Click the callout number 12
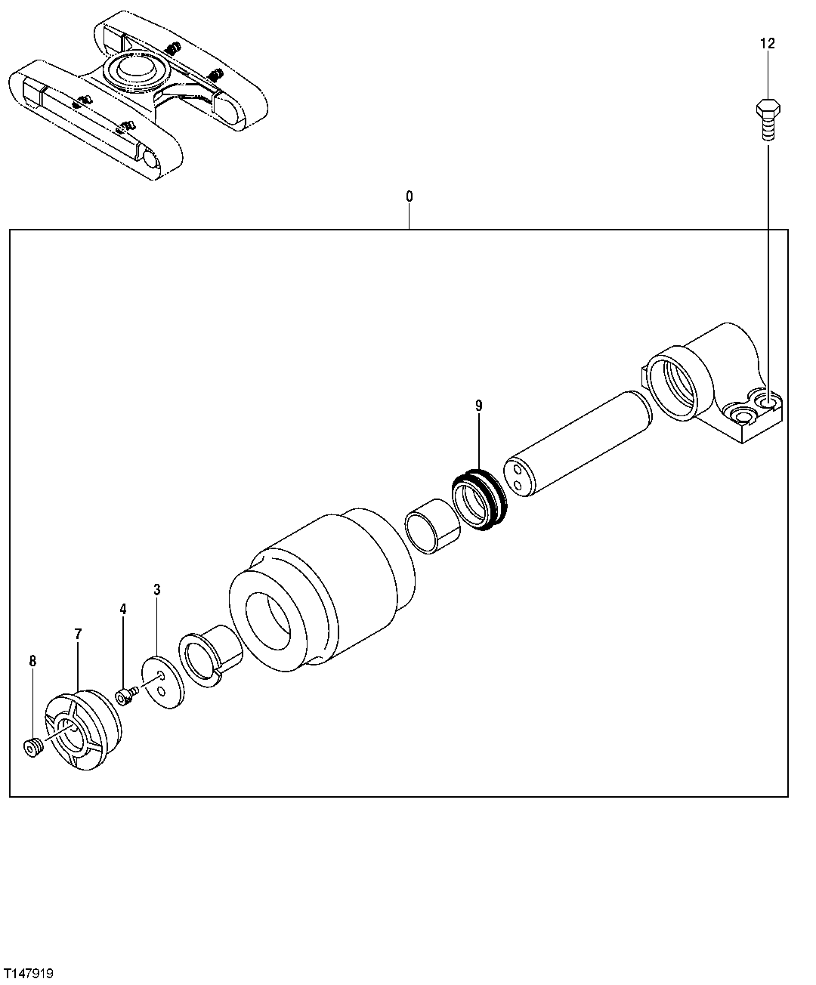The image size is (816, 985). (x=768, y=45)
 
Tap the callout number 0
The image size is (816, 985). (x=410, y=196)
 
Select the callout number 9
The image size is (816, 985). (x=479, y=406)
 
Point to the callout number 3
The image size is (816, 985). (x=157, y=589)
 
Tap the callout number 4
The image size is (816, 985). (x=122, y=609)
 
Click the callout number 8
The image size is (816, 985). (x=32, y=661)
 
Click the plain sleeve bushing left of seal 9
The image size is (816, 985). (x=432, y=526)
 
